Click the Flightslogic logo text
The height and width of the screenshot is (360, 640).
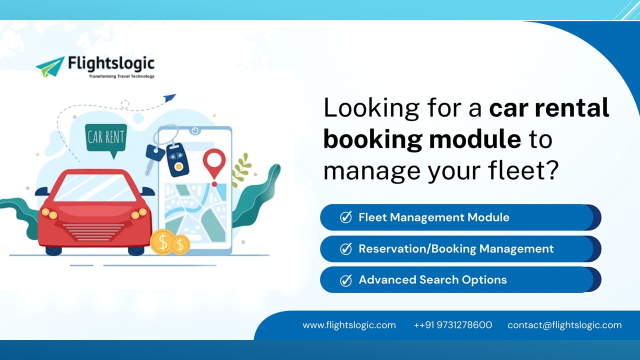point(111,64)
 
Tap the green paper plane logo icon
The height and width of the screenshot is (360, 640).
point(51,66)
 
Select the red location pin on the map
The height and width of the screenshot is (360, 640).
point(214,163)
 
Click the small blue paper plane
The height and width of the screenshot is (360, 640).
point(169,97)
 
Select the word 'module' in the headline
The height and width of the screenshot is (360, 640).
point(473,139)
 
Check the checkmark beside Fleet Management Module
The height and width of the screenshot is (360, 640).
point(345,217)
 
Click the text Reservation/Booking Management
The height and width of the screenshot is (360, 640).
point(456,248)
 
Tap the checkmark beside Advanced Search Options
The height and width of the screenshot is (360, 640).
point(345,280)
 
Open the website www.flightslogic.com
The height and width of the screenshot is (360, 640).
point(349,325)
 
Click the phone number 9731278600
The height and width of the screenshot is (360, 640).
point(464,325)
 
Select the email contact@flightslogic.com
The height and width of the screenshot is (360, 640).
point(564,325)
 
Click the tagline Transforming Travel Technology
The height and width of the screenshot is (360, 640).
point(121,76)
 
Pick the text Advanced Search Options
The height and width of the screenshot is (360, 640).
point(432,280)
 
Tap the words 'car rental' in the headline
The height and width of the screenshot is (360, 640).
point(548,108)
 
